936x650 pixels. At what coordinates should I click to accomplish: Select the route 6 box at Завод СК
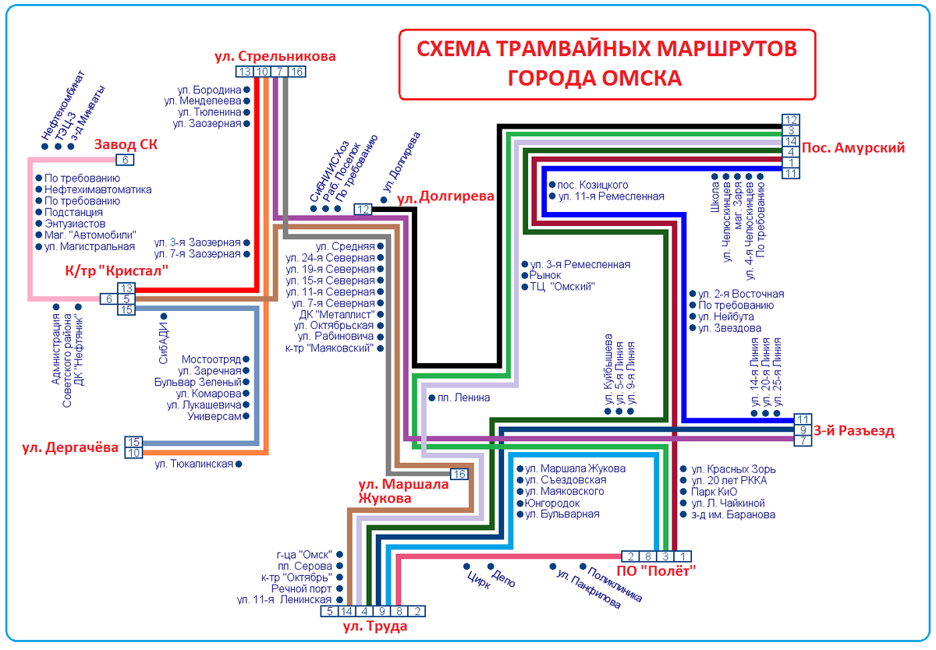125,160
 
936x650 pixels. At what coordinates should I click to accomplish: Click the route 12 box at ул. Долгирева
363,209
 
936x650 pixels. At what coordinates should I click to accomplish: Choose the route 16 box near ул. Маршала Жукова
459,474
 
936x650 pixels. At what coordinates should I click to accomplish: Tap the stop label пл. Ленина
464,397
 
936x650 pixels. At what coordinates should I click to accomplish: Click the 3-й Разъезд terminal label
853,431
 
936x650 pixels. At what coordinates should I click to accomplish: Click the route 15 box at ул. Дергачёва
133,441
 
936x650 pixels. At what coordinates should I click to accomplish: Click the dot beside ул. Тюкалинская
239,465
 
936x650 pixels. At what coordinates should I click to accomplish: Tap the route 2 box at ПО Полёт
630,556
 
